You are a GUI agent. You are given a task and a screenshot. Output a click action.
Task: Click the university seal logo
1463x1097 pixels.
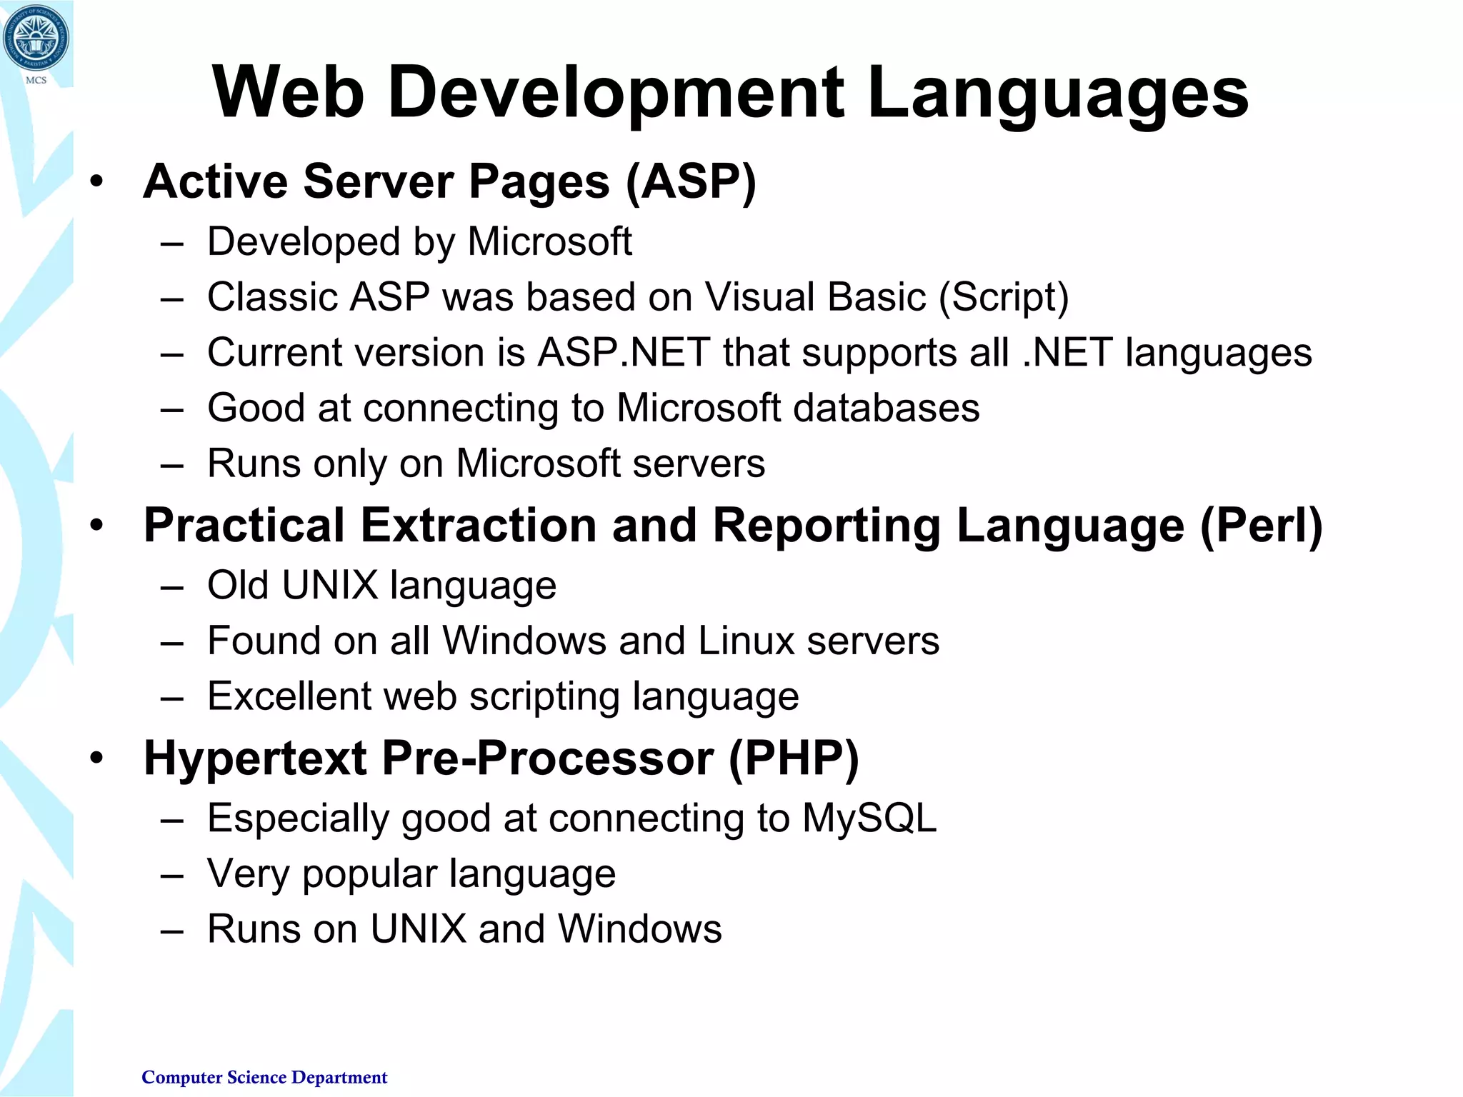click(36, 38)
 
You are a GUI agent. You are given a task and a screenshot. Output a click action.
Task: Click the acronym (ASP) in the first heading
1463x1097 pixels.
click(691, 181)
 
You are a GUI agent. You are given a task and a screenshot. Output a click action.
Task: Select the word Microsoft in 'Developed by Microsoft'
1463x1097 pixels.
click(549, 241)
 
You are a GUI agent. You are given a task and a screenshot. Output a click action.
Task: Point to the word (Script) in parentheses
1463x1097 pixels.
click(1004, 297)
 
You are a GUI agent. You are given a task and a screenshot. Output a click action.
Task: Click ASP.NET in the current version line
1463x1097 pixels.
click(624, 353)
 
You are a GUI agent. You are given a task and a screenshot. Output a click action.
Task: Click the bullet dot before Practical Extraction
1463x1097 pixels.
click(97, 526)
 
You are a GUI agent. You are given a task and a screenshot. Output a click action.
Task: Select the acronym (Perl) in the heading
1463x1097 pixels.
click(1262, 526)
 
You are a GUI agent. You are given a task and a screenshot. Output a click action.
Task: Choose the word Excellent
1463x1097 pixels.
click(289, 696)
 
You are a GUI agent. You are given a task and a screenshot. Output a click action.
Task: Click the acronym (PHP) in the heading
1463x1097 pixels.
click(794, 758)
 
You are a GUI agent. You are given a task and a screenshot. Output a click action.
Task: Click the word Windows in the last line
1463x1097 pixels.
click(639, 929)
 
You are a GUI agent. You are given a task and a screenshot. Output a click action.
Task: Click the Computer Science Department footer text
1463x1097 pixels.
click(264, 1077)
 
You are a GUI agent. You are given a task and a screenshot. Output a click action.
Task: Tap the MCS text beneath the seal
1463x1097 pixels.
click(36, 80)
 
